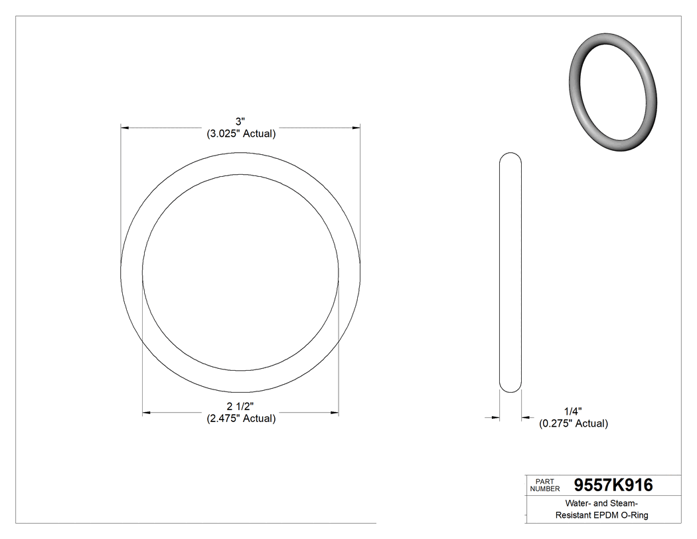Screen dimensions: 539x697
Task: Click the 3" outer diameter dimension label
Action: (x=240, y=121)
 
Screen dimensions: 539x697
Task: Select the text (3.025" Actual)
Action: (x=240, y=134)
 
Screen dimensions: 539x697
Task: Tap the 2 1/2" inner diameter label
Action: (x=240, y=406)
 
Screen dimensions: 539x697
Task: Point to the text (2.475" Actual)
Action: (x=240, y=419)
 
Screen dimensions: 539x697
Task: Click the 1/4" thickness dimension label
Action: (x=573, y=411)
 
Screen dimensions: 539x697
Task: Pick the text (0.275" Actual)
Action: (x=573, y=423)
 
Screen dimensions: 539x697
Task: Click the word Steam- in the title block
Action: (x=621, y=503)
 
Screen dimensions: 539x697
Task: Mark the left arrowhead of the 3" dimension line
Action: (x=124, y=126)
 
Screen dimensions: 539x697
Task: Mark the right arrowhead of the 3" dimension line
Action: (x=356, y=126)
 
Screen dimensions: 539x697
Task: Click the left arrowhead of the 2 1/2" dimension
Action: (x=147, y=413)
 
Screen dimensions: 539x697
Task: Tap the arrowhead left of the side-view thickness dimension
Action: (x=495, y=417)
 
